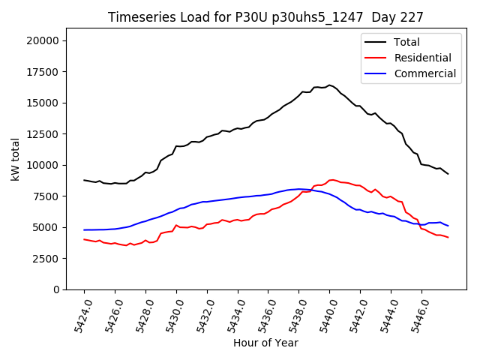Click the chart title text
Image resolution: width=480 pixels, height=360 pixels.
[265, 17]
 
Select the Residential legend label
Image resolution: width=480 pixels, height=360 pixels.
[422, 58]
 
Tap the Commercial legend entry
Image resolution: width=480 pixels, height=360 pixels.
[424, 73]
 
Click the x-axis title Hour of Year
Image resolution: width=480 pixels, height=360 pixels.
[265, 343]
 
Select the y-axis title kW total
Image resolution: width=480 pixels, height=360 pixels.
[15, 165]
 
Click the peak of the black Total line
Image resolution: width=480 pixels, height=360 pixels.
[329, 85]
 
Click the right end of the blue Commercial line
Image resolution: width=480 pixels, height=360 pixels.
[448, 226]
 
